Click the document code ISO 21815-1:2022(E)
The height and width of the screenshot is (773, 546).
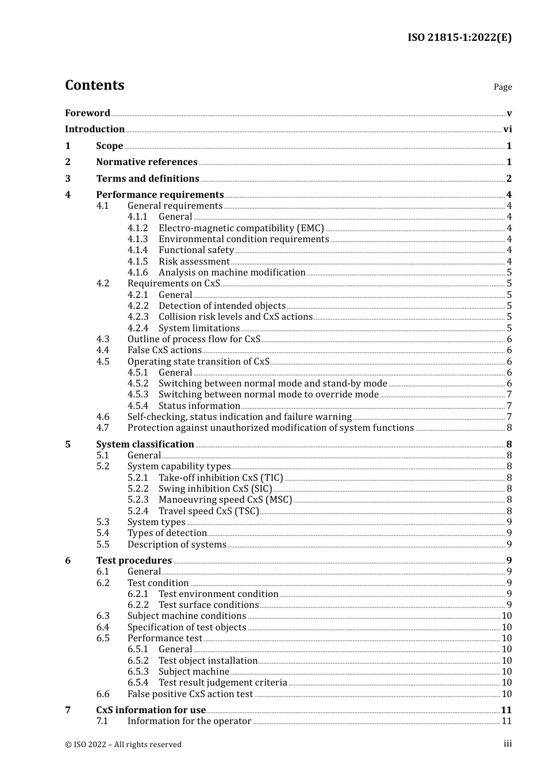coord(459,37)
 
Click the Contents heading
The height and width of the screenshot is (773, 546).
coord(94,85)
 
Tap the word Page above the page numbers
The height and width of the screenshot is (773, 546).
coord(502,87)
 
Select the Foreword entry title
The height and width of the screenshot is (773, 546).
coord(87,113)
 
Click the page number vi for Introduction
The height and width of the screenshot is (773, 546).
coord(507,129)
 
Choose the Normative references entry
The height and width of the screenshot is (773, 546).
coord(147,162)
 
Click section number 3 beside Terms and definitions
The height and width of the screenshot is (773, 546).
coord(68,179)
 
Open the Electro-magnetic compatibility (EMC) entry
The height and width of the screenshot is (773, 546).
coord(241,228)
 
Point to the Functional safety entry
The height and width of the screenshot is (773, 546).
coord(196,250)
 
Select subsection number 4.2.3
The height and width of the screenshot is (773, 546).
coord(138,317)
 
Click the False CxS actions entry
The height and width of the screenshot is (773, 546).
coord(164,350)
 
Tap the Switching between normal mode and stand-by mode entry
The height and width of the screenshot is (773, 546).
coord(272,384)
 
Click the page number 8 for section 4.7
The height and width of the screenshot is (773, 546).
coord(509,428)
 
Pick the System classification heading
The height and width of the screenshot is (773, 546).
coord(145,445)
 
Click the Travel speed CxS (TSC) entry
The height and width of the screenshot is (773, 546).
coord(209,511)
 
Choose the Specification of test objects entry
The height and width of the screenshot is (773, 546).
coord(187,627)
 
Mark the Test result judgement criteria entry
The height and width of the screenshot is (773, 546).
coord(222,683)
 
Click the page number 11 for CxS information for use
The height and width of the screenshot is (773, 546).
coord(506,710)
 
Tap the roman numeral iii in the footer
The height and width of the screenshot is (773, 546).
coord(507,744)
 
